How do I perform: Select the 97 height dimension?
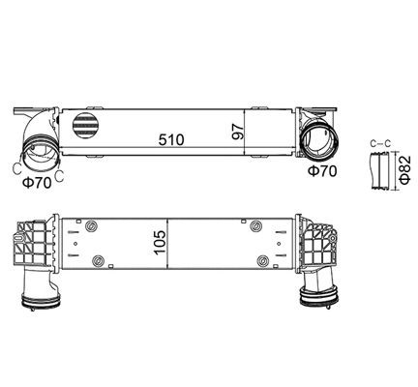coord(234,130)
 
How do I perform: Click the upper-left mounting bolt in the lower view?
coord(91,226)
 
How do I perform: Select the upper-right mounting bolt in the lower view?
coord(256,226)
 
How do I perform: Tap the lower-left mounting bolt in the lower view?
coord(101,258)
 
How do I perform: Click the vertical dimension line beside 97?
coord(244,131)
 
